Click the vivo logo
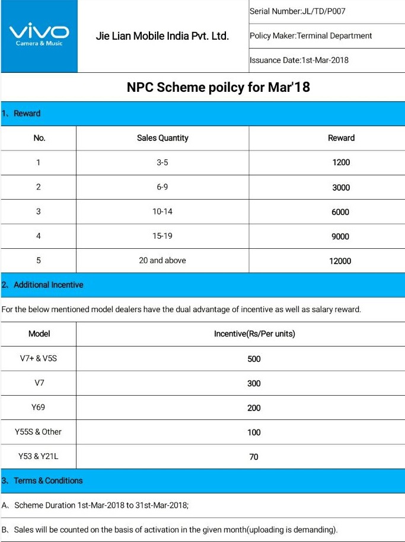click(x=39, y=34)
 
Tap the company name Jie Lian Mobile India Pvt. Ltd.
click(x=162, y=36)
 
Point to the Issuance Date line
click(x=299, y=60)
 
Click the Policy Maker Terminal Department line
click(x=311, y=36)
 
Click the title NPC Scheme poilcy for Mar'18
click(x=218, y=88)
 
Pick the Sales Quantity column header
click(x=162, y=138)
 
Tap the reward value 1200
click(x=341, y=162)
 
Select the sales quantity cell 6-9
click(x=162, y=187)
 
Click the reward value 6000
click(x=340, y=212)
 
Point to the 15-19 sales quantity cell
click(x=162, y=236)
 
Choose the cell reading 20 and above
click(x=162, y=261)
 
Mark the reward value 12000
click(x=340, y=261)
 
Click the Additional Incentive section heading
click(x=48, y=285)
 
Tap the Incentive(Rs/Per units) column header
click(x=254, y=334)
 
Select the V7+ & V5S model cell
click(x=39, y=359)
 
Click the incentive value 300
click(x=254, y=383)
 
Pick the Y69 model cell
click(x=39, y=408)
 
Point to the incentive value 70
click(x=254, y=457)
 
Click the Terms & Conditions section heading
click(x=48, y=480)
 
